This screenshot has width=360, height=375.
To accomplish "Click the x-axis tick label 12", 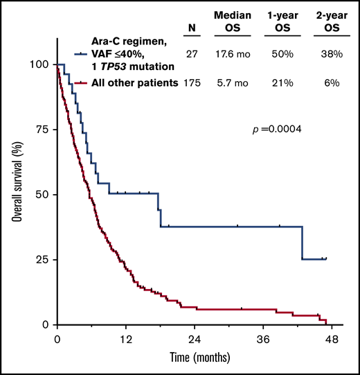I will coord(125,340).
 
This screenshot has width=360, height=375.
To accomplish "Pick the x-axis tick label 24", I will coord(194,340).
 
